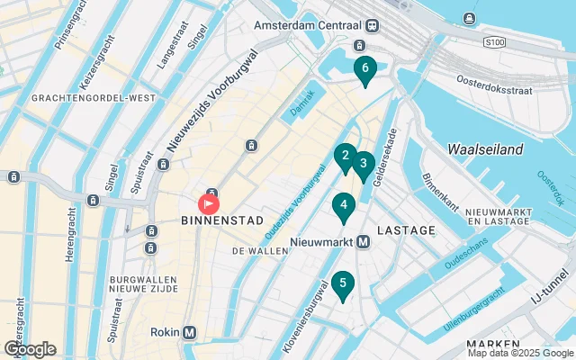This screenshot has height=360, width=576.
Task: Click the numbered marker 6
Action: click(x=364, y=68)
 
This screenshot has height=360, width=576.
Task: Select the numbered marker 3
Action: click(x=363, y=164)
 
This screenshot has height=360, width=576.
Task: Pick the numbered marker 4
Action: click(x=342, y=206)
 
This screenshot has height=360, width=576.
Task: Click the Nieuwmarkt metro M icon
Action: click(x=364, y=242)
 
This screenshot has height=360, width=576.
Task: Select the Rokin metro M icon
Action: click(x=189, y=332)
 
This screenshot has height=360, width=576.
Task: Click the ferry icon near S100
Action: click(x=469, y=19)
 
